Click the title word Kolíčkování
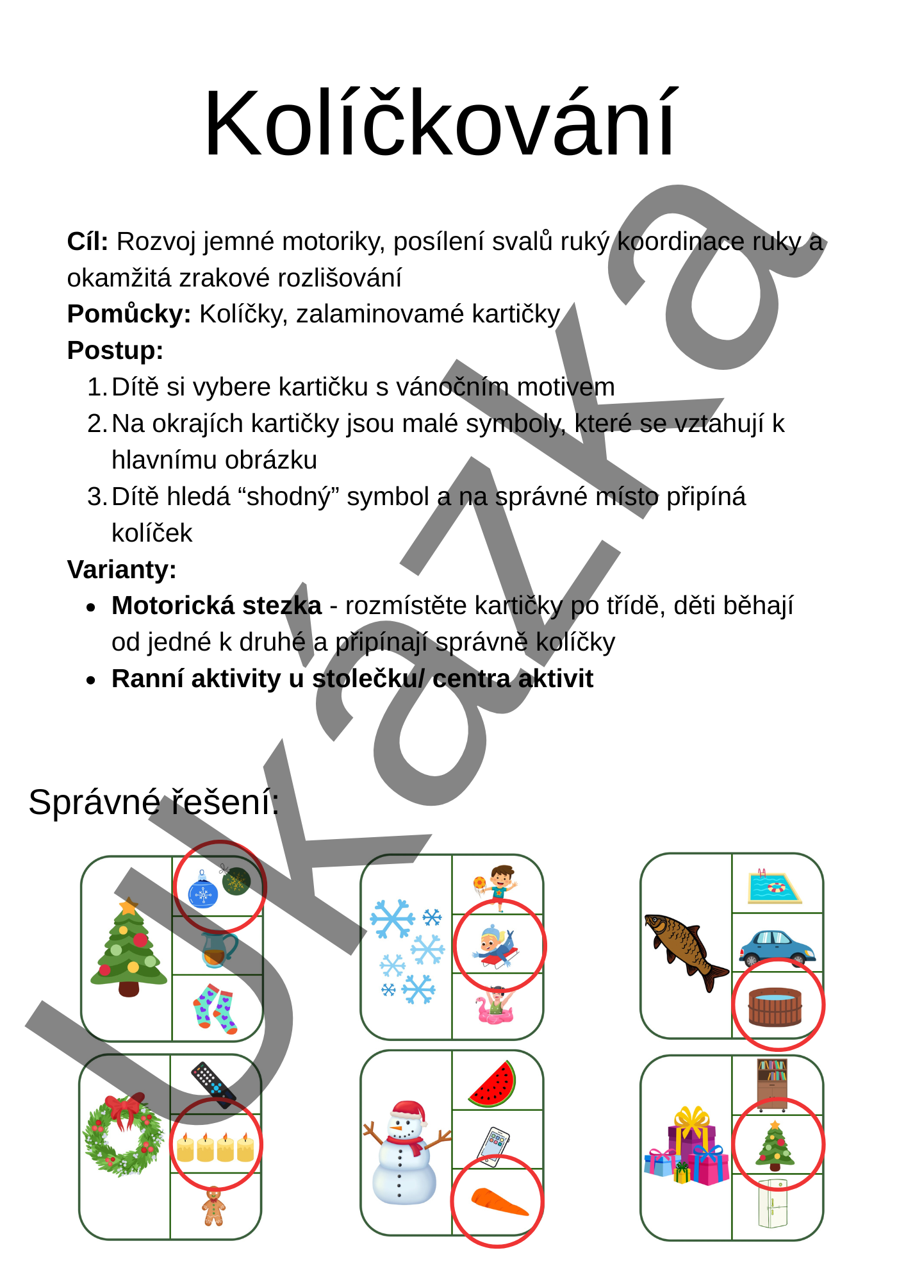coord(440,124)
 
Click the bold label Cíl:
coord(88,242)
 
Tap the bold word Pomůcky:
coord(129,314)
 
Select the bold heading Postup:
coord(115,351)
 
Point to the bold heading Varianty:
coord(122,569)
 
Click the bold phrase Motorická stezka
coord(217,606)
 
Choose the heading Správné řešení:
coord(154,802)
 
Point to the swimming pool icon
coord(774,887)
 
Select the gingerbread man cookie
coord(214,1206)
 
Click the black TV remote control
coord(213,1085)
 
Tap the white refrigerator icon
coord(773,1204)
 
